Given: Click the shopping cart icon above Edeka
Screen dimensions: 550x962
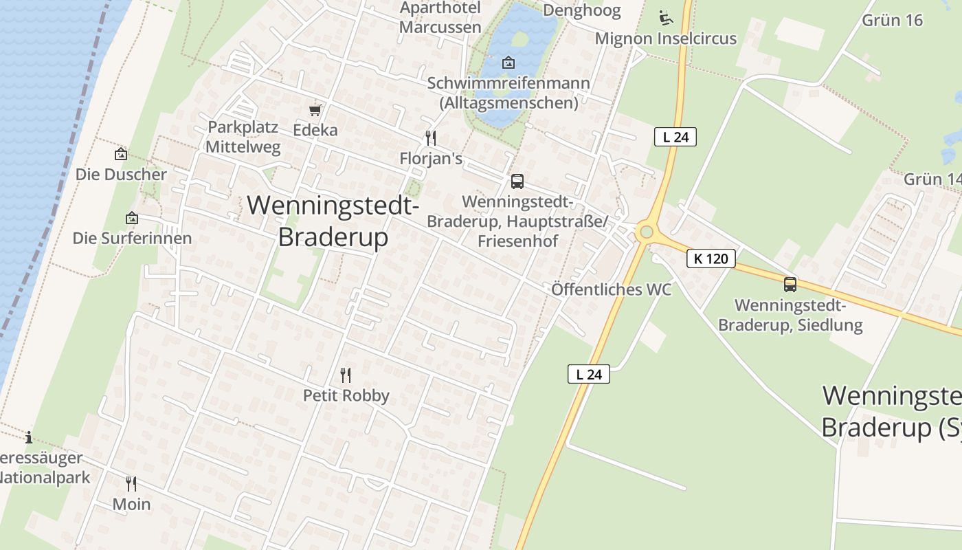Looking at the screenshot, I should pyautogui.click(x=315, y=110).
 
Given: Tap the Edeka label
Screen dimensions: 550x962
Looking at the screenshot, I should pyautogui.click(x=315, y=130).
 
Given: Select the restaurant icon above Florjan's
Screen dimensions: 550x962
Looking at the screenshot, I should pyautogui.click(x=431, y=138).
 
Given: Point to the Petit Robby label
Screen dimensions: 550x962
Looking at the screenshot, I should pyautogui.click(x=346, y=395).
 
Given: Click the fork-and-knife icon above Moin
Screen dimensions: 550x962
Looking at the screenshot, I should pyautogui.click(x=131, y=484).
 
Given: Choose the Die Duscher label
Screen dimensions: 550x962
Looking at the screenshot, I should pyautogui.click(x=121, y=174).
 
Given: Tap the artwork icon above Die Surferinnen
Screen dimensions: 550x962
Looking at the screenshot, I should pyautogui.click(x=132, y=219).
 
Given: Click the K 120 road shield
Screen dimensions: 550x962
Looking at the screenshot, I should pyautogui.click(x=711, y=258).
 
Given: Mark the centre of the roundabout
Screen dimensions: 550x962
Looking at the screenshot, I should pyautogui.click(x=645, y=232).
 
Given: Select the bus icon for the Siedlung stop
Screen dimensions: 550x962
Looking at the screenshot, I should pyautogui.click(x=790, y=284).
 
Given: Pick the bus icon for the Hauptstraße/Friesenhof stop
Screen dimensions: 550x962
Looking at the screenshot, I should pyautogui.click(x=517, y=181).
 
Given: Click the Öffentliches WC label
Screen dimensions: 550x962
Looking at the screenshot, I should pyautogui.click(x=611, y=289).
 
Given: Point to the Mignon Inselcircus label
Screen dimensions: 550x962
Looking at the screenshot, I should pyautogui.click(x=665, y=38).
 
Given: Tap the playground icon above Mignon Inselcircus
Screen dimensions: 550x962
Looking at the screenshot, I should pyautogui.click(x=665, y=16).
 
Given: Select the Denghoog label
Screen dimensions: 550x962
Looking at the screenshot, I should pyautogui.click(x=581, y=10).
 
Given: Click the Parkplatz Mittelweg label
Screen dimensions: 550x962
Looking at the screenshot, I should pyautogui.click(x=243, y=137).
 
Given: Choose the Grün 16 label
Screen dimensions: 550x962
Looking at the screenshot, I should pyautogui.click(x=892, y=20).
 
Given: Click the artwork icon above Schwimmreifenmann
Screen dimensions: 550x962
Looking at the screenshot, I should pyautogui.click(x=508, y=63).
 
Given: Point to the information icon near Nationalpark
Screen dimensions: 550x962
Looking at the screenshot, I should pyautogui.click(x=29, y=437).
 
